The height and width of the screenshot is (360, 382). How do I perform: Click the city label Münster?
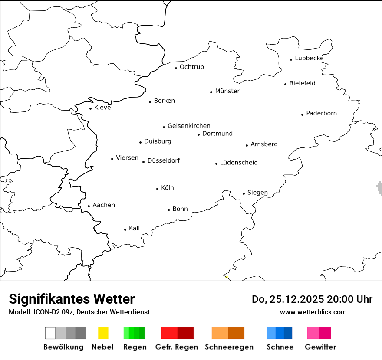pyautogui.click(x=227, y=91)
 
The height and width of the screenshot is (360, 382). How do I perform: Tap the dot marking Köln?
pyautogui.click(x=158, y=189)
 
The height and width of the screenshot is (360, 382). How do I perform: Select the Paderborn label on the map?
pyautogui.click(x=322, y=113)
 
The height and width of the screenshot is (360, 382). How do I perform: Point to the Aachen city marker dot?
pyautogui.click(x=89, y=206)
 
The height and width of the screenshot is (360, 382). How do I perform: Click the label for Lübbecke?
pyautogui.click(x=309, y=58)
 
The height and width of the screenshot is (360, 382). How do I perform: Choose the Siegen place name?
pyautogui.click(x=257, y=193)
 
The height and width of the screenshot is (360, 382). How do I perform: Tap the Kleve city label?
pyautogui.click(x=102, y=108)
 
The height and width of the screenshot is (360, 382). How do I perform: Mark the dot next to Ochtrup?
pyautogui.click(x=176, y=68)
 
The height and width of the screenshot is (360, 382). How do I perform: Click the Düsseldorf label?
pyautogui.click(x=164, y=160)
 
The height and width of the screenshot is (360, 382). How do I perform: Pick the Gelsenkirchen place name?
pyautogui.click(x=189, y=126)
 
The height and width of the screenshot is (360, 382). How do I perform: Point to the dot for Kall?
pyautogui.click(x=125, y=229)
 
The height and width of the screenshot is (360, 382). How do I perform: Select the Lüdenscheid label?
pyautogui.click(x=239, y=163)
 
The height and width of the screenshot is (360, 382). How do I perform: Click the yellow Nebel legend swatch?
pyautogui.click(x=103, y=333)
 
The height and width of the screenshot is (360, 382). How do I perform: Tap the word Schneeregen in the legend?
pyautogui.click(x=229, y=347)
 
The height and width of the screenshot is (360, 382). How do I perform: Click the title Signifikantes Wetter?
pyautogui.click(x=72, y=299)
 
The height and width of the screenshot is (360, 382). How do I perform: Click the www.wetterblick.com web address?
pyautogui.click(x=313, y=312)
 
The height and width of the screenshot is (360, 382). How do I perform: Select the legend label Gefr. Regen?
pyautogui.click(x=177, y=347)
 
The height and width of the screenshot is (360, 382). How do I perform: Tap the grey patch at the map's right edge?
pyautogui.click(x=379, y=187)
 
